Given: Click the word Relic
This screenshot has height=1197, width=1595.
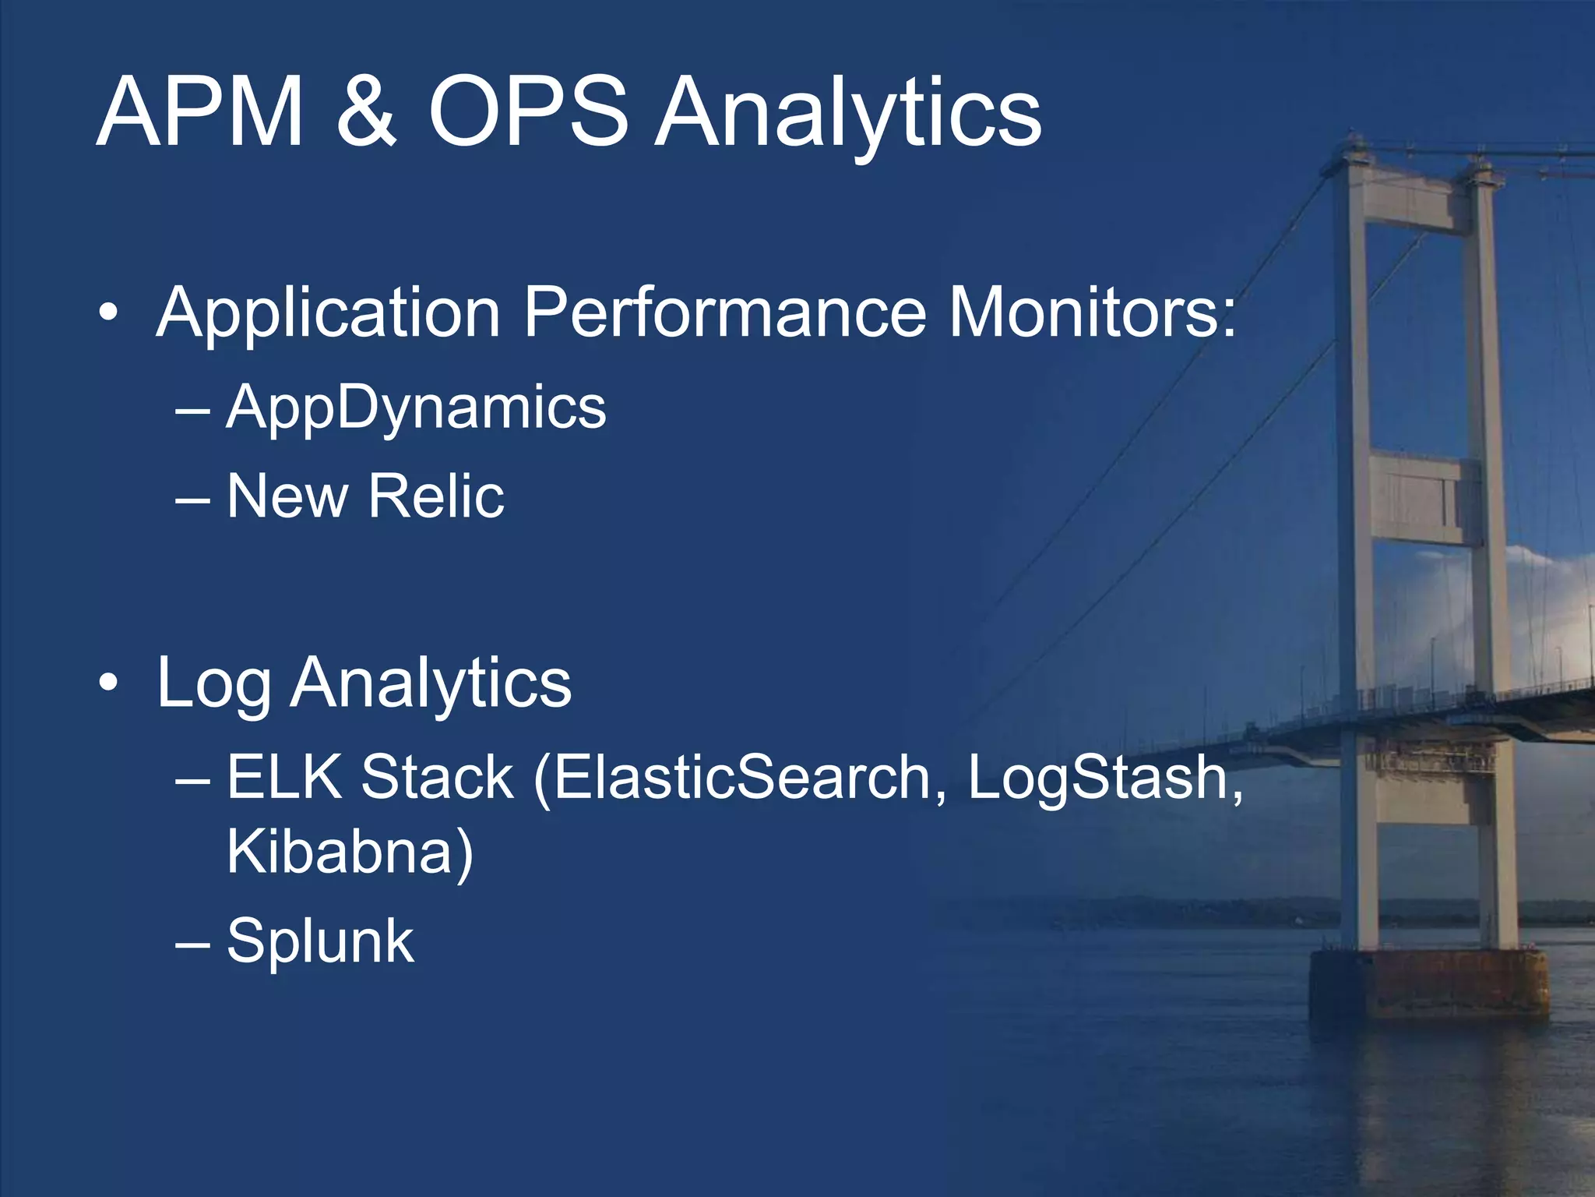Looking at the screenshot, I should [x=436, y=496].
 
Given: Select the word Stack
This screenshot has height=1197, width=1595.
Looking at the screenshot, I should [x=437, y=777].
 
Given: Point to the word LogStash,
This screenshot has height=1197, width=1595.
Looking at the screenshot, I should [x=1104, y=777].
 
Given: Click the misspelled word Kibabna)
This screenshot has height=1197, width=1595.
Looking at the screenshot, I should [x=350, y=852].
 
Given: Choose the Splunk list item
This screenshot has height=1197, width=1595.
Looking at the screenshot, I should [x=320, y=941].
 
